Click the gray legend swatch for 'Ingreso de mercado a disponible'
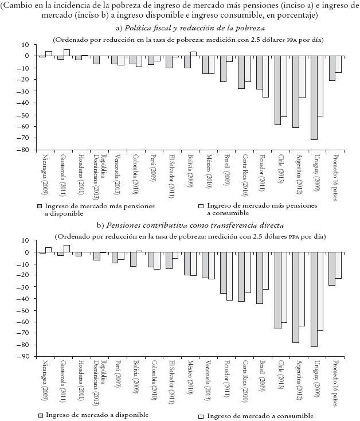pyautogui.click(x=40, y=415)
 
